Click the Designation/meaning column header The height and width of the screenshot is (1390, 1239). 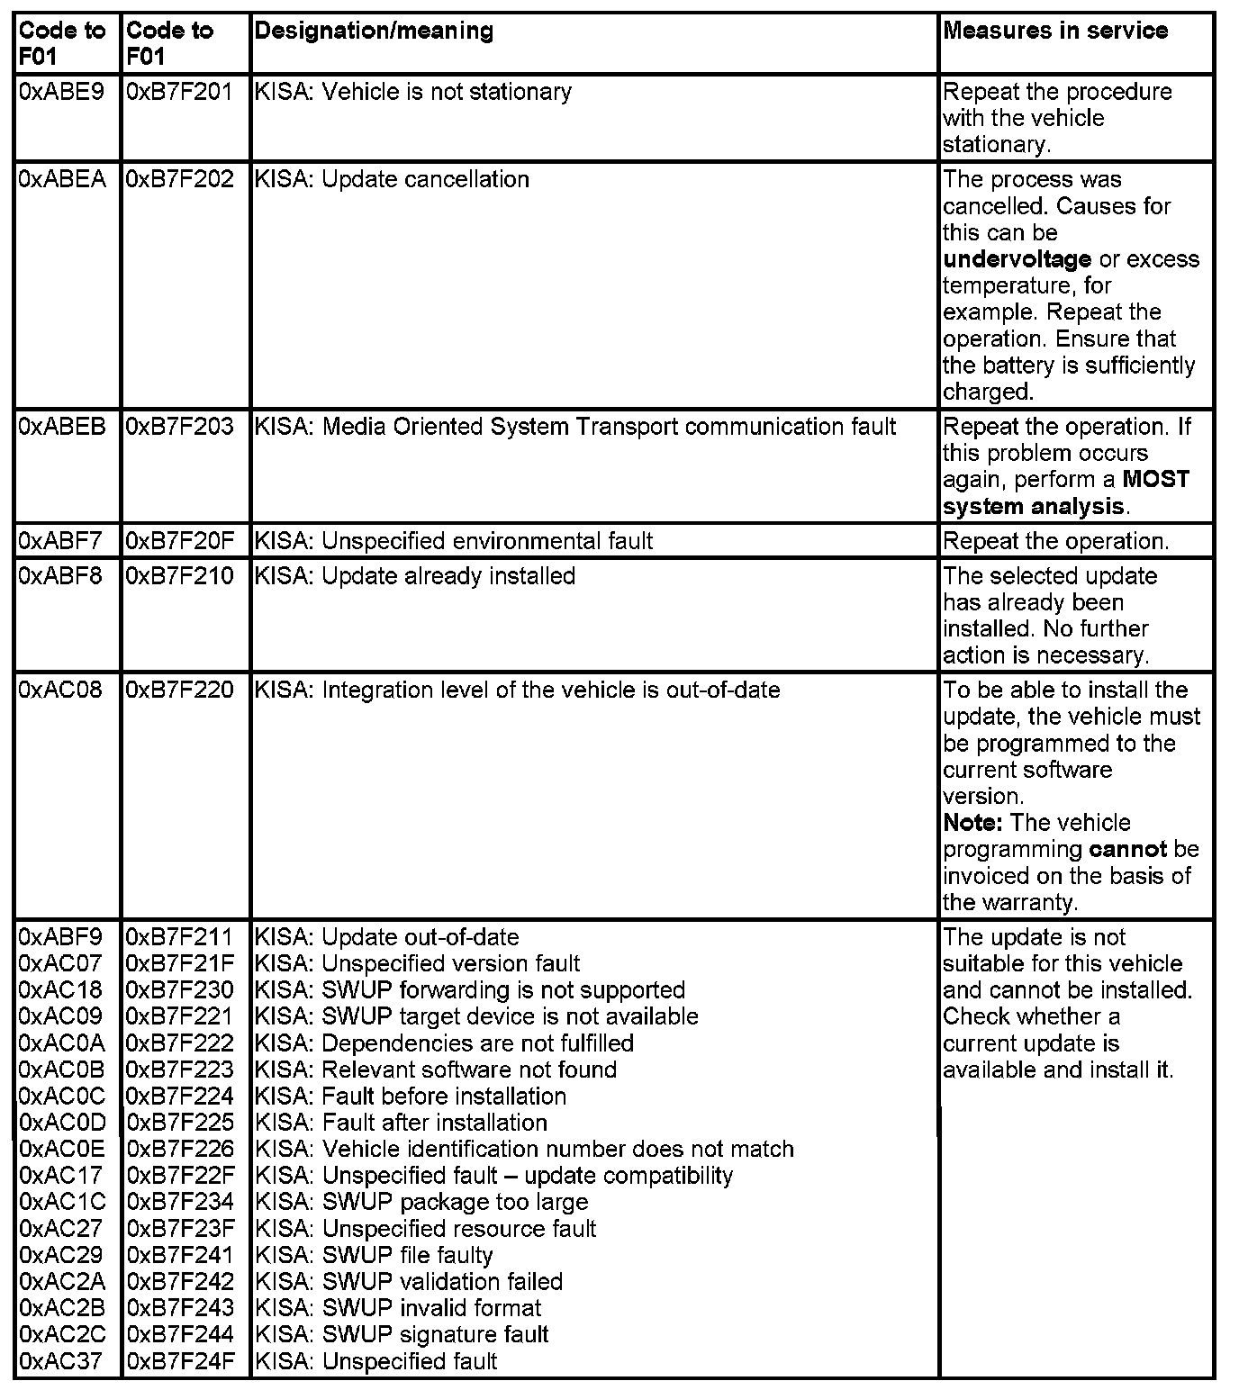click(374, 32)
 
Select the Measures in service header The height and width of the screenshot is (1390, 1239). click(1055, 32)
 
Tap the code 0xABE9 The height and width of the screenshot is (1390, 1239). click(61, 92)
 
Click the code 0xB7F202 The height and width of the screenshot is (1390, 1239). click(179, 179)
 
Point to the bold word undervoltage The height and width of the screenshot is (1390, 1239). click(1017, 259)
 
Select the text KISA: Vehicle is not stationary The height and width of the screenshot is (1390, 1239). click(413, 92)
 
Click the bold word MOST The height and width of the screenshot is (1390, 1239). click(1155, 479)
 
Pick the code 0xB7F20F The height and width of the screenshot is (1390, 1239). click(179, 541)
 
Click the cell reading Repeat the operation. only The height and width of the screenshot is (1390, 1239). click(1055, 541)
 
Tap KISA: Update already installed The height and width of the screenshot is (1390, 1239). click(415, 575)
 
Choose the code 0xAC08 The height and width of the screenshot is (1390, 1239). click(61, 690)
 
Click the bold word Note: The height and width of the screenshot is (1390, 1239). click(973, 823)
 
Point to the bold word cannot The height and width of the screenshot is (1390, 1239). click(1127, 849)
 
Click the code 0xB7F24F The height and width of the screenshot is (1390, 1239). click(179, 1361)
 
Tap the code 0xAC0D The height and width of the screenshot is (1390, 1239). click(61, 1123)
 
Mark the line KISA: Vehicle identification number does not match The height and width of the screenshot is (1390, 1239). click(525, 1150)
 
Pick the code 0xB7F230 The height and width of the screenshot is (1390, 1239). click(179, 990)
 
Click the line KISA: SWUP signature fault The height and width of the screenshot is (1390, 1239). click(402, 1334)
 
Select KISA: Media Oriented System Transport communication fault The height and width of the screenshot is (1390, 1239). click(575, 427)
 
